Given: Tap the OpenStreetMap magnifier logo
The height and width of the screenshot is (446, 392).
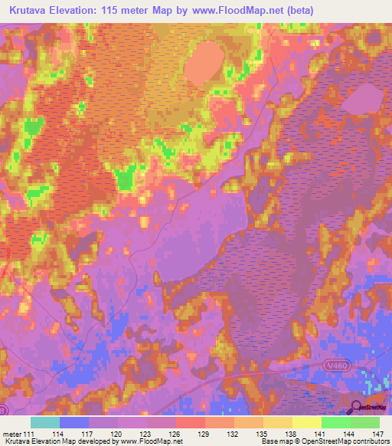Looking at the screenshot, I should (x=357, y=408).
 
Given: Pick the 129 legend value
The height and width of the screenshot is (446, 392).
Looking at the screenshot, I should (x=204, y=434).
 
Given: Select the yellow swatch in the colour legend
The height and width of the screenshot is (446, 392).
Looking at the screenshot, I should (x=306, y=422).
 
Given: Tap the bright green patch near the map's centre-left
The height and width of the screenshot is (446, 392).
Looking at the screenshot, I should (x=124, y=179).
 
